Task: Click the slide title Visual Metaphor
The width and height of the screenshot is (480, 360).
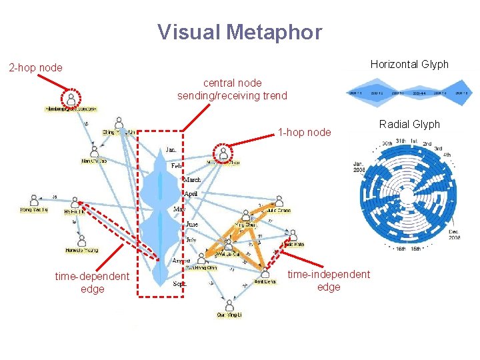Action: (239, 32)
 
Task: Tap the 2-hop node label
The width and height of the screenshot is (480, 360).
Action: (35, 67)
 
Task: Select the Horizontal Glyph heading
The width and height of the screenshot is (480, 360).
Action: (409, 65)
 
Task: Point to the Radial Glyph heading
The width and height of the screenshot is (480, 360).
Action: (409, 125)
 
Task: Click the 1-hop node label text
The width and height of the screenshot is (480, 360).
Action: (304, 132)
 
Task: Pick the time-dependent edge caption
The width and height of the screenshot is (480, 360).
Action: (92, 282)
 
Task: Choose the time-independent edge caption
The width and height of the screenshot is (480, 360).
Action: (329, 281)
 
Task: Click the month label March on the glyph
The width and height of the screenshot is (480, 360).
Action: (191, 179)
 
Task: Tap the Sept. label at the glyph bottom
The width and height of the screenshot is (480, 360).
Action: (179, 283)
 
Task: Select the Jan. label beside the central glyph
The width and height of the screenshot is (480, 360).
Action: (172, 150)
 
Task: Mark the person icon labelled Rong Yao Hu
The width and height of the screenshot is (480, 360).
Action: (34, 201)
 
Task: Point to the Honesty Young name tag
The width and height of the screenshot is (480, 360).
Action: (81, 251)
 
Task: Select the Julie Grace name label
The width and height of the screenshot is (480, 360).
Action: (279, 210)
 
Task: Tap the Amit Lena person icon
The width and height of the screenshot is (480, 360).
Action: (265, 273)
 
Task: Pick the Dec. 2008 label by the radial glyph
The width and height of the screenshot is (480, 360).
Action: (453, 235)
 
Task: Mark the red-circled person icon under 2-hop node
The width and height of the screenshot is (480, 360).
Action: (71, 98)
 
